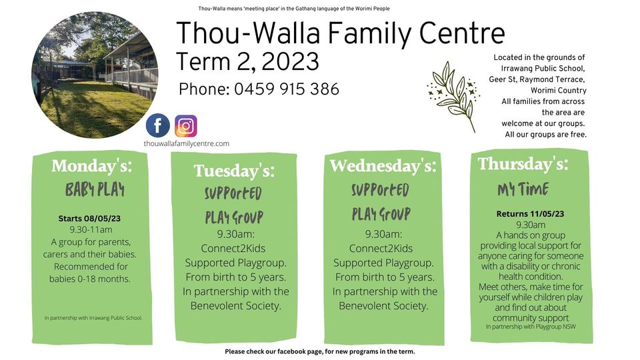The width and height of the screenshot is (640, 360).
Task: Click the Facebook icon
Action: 158,125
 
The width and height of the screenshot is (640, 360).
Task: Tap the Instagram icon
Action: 186,126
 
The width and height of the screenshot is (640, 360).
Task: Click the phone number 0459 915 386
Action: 287,89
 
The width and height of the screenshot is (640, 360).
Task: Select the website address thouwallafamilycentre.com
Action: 186,143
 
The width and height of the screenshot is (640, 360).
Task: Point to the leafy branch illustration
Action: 453,96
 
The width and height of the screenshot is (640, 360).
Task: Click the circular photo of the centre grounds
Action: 95,75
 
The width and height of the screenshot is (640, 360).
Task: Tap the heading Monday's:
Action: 92,166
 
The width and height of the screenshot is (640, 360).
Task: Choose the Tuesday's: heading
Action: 234,171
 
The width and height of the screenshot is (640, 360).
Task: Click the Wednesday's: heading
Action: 383,166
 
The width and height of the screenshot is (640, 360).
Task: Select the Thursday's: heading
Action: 523,164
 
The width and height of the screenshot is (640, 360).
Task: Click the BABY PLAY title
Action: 95,190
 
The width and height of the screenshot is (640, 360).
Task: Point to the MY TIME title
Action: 523,189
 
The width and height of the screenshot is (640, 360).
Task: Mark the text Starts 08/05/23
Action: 89,219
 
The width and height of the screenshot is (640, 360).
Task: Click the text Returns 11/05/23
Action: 530,213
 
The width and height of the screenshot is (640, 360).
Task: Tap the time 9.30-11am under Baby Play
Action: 91,229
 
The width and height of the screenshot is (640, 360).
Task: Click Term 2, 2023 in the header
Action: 247,61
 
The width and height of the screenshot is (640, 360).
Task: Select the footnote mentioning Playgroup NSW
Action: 531,327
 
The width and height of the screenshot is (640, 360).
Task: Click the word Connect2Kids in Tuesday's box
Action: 233,248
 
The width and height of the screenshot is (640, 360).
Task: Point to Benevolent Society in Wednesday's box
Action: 384,306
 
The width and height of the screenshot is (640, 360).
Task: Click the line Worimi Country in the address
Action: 559,90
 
